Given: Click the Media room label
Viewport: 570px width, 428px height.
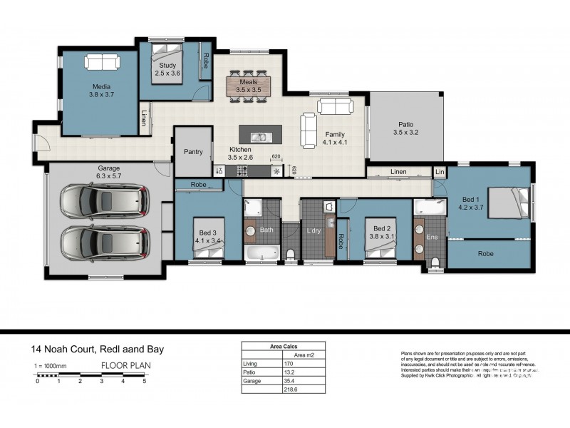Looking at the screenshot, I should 101,85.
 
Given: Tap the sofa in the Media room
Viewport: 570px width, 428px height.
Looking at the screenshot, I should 102,63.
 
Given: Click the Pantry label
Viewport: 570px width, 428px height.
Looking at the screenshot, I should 193,151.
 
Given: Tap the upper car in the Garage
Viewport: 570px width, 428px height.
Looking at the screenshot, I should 105,201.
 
